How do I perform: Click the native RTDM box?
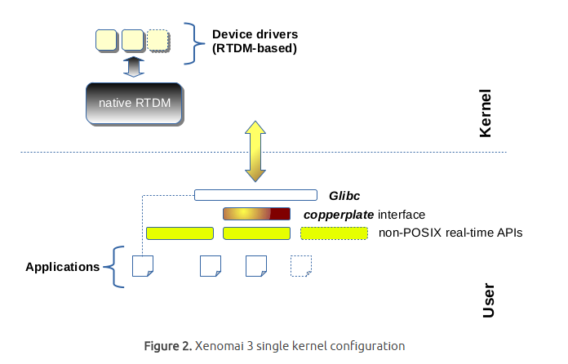point(133,103)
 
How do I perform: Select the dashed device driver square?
point(158,39)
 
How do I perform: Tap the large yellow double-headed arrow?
point(254,151)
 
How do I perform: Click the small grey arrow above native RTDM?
point(133,67)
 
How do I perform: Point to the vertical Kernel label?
point(485,113)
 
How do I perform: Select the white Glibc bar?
point(255,195)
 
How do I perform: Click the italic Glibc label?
point(344,197)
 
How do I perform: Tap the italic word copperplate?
point(339,215)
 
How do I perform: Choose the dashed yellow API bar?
point(334,233)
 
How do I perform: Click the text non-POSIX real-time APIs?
point(450,233)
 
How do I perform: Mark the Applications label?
point(62,267)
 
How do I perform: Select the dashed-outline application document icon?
point(301,266)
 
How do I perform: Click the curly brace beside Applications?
point(118,267)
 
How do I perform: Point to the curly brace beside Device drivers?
point(193,42)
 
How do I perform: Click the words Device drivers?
point(255,35)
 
